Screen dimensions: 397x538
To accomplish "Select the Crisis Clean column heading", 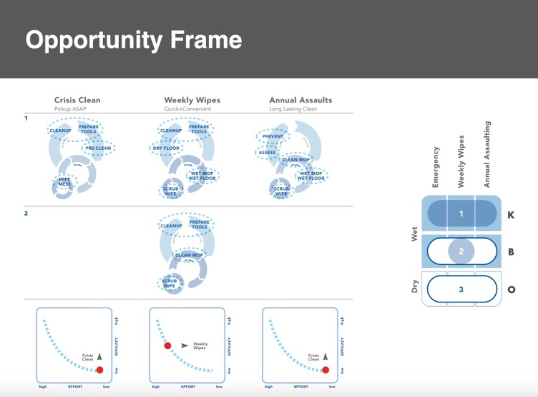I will pyautogui.click(x=77, y=100).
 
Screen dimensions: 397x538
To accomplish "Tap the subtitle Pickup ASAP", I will pyautogui.click(x=70, y=109).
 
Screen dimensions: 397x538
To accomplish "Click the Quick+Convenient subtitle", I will pyautogui.click(x=188, y=109).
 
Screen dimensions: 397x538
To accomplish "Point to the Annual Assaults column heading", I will pyautogui.click(x=301, y=100).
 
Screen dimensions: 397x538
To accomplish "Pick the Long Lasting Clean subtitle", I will pyautogui.click(x=293, y=109).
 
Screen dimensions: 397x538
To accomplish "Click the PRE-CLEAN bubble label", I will pyautogui.click(x=98, y=148).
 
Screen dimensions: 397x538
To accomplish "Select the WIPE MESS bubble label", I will pyautogui.click(x=65, y=182).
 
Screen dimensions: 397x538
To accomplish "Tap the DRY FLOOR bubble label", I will pyautogui.click(x=166, y=148).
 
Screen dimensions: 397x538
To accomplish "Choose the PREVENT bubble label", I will pyautogui.click(x=273, y=136).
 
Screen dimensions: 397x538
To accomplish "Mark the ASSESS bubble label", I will pyautogui.click(x=267, y=153).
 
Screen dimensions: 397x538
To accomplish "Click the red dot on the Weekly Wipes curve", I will pyautogui.click(x=168, y=346).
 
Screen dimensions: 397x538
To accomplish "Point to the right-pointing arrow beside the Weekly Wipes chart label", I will pyautogui.click(x=185, y=346).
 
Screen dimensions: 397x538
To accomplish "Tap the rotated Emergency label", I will pyautogui.click(x=435, y=167).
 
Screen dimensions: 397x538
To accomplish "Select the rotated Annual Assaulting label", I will pyautogui.click(x=487, y=154).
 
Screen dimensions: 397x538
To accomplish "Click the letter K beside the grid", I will pyautogui.click(x=511, y=215).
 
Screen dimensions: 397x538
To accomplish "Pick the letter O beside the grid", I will pyautogui.click(x=511, y=290).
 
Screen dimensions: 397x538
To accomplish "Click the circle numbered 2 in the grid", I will pyautogui.click(x=461, y=252).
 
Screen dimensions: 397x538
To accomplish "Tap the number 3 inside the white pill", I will pyautogui.click(x=461, y=289).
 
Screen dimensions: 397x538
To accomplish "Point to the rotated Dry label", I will pyautogui.click(x=414, y=286).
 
